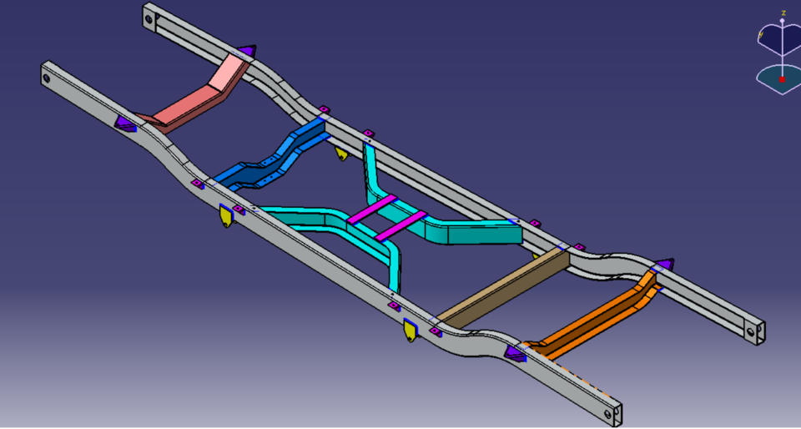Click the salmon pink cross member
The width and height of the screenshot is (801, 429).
coord(196,98)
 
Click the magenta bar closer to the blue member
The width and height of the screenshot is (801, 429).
coord(371,209)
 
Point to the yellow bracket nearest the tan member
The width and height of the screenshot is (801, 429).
coord(410,330)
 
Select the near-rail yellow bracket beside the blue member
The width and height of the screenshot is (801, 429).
coord(224,216)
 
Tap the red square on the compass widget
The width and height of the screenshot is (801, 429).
coord(782,79)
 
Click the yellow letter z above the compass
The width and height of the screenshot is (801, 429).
coord(783,13)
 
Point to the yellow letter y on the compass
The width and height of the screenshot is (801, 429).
coord(760,34)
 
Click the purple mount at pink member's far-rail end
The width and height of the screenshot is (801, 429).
coord(248,53)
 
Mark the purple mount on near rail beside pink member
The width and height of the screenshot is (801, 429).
coord(125,124)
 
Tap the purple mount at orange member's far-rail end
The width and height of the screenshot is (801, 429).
coord(663,265)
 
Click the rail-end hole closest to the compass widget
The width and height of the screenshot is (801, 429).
coord(749,331)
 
